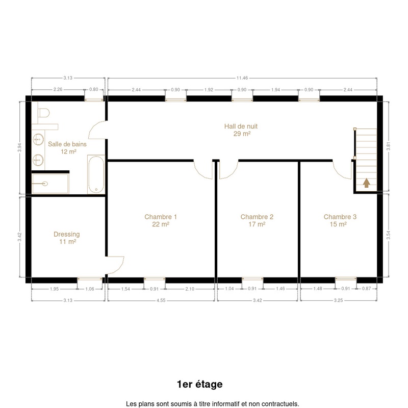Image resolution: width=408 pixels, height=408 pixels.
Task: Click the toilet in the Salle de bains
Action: click(x=43, y=113)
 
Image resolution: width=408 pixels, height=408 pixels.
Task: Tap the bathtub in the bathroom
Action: click(x=96, y=174)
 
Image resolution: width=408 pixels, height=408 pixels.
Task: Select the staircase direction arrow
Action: click(x=367, y=183)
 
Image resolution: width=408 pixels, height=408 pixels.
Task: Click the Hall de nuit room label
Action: click(x=241, y=130)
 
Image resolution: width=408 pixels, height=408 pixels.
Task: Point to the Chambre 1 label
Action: click(x=161, y=220)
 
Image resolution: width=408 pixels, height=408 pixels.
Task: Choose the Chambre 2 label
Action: click(x=257, y=220)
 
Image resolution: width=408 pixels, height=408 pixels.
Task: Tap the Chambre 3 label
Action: click(x=340, y=220)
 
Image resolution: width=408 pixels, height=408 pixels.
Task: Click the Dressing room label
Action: click(x=67, y=238)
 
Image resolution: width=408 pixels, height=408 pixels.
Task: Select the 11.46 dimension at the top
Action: click(x=242, y=78)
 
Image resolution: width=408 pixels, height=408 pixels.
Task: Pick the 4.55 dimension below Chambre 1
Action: click(x=161, y=300)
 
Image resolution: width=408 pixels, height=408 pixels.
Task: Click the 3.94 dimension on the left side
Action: click(x=19, y=147)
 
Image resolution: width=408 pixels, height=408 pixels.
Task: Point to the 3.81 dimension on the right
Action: click(x=388, y=146)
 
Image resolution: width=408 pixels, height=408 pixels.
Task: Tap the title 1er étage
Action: click(x=199, y=384)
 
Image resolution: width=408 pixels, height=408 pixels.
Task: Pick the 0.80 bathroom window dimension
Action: click(x=94, y=90)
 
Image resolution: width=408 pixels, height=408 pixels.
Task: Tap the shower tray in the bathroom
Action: click(x=50, y=184)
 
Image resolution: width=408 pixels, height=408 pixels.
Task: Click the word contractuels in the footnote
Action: click(x=283, y=404)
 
